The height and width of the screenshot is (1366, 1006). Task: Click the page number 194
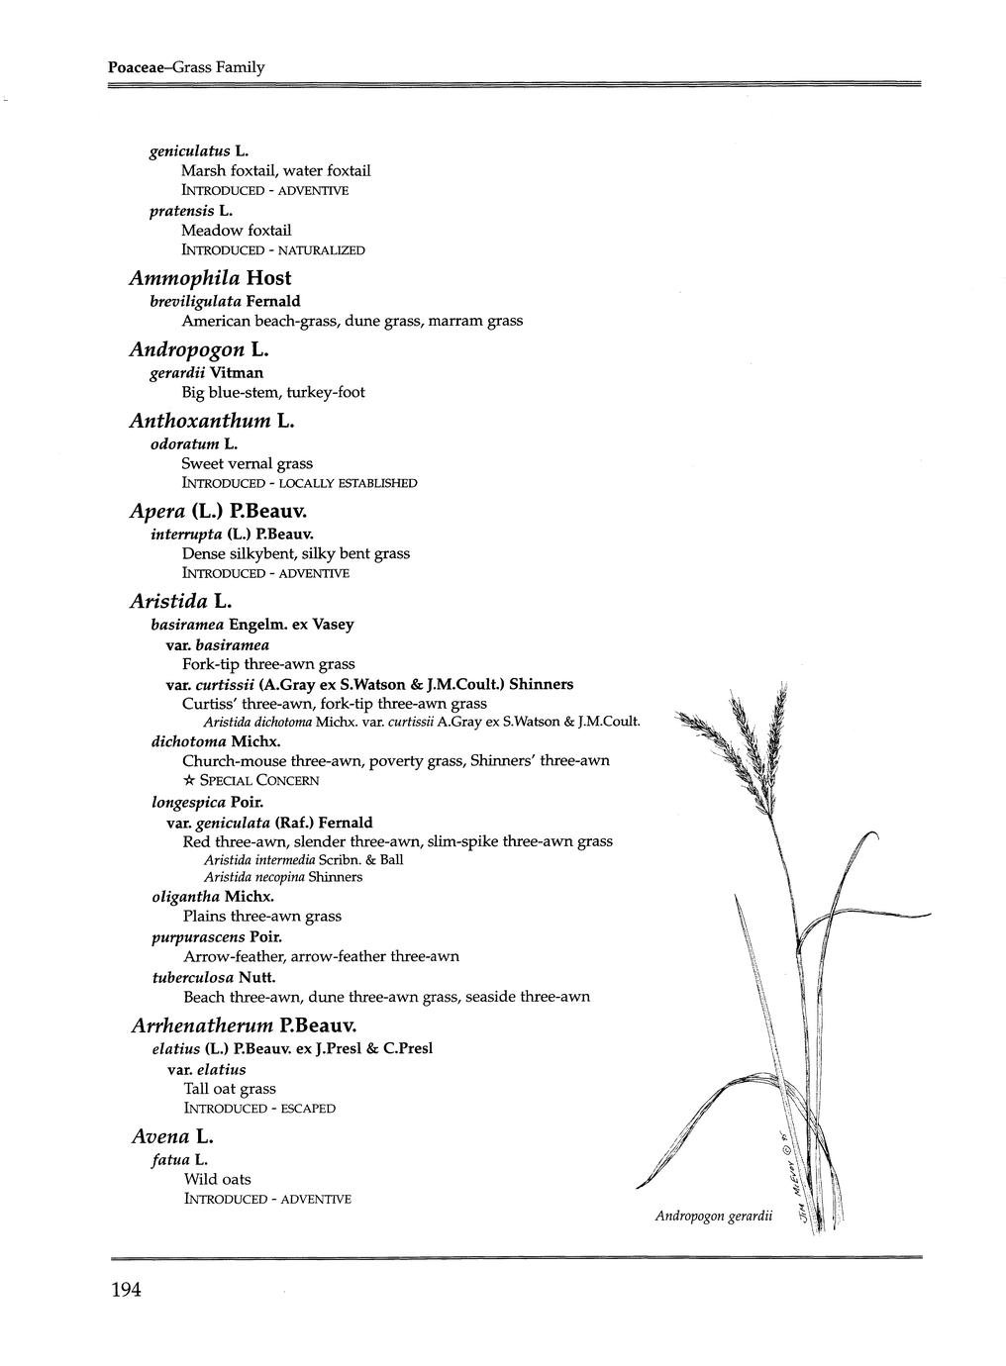point(127,1289)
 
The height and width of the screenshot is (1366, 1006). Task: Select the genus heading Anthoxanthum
point(200,421)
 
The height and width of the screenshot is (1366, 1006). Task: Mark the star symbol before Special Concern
point(189,781)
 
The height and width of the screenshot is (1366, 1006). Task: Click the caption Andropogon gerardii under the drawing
point(713,1216)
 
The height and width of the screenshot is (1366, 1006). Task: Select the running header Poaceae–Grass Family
point(186,67)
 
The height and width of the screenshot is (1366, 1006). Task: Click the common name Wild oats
point(217,1179)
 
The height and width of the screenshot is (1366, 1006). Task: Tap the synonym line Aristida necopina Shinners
point(283,877)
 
